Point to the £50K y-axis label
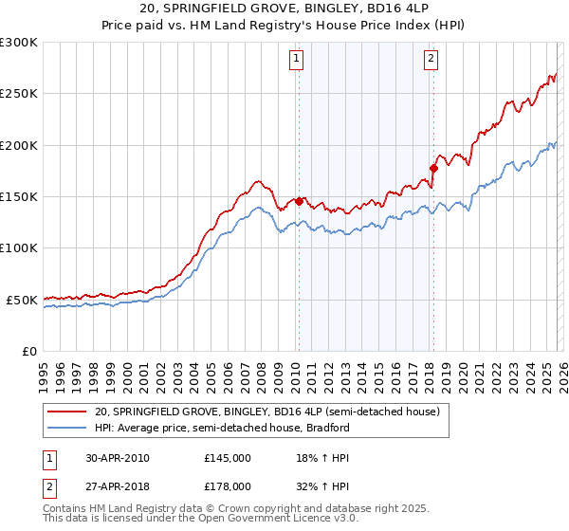tap(22, 300)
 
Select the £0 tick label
tap(28, 351)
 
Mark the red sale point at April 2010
tap(299, 201)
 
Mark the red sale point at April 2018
tap(433, 168)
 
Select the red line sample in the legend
tap(65, 412)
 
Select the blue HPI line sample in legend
tap(65, 428)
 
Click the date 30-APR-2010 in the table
tap(116, 458)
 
